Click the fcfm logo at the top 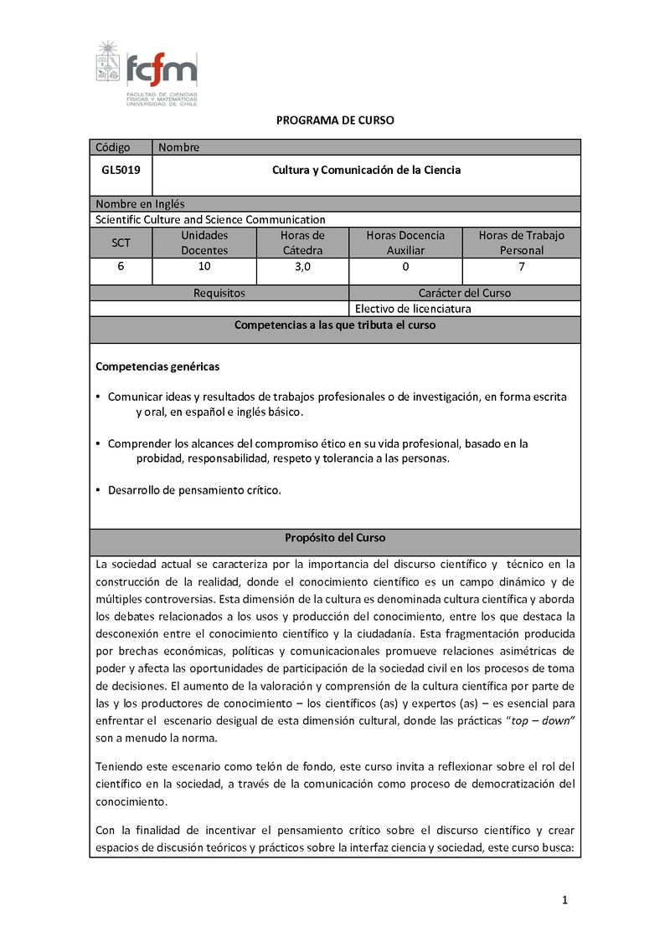pyautogui.click(x=147, y=72)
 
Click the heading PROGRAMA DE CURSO pyautogui.click(x=335, y=120)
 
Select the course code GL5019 pyautogui.click(x=121, y=170)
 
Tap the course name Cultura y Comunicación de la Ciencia pyautogui.click(x=366, y=170)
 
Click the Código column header pyautogui.click(x=113, y=147)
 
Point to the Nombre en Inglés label pyautogui.click(x=140, y=203)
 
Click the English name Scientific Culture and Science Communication pyautogui.click(x=210, y=219)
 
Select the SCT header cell pyautogui.click(x=121, y=243)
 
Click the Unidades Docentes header pyautogui.click(x=204, y=243)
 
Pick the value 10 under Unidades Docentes pyautogui.click(x=204, y=267)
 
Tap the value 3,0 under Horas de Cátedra pyautogui.click(x=302, y=267)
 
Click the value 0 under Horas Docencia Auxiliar pyautogui.click(x=405, y=267)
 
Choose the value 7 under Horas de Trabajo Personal pyautogui.click(x=522, y=267)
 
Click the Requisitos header pyautogui.click(x=219, y=293)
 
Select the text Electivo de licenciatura pyautogui.click(x=413, y=308)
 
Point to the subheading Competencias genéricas pyautogui.click(x=158, y=366)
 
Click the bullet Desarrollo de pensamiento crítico pyautogui.click(x=194, y=490)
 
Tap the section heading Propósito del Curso pyautogui.click(x=335, y=538)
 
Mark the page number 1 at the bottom pyautogui.click(x=565, y=899)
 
